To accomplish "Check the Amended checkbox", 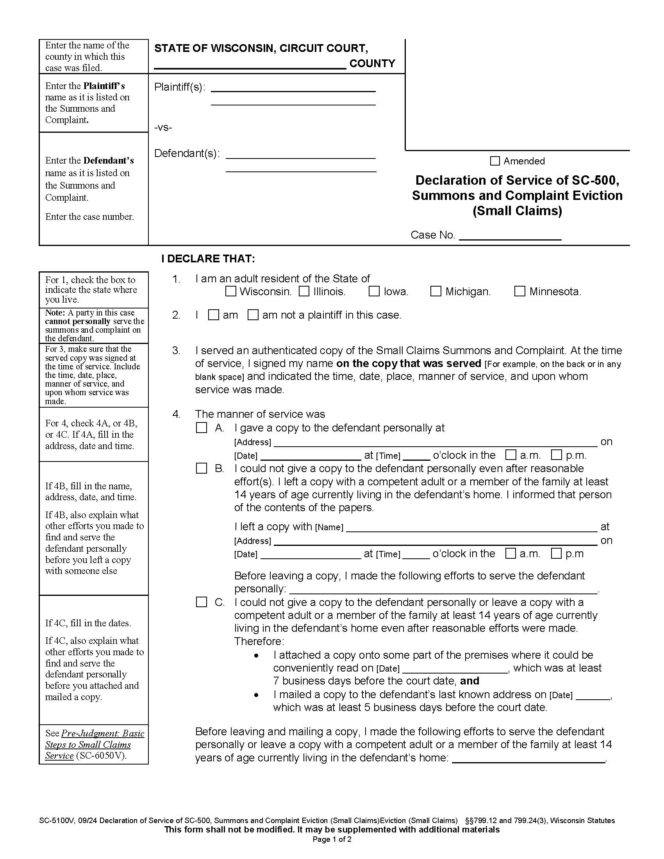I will (x=495, y=161).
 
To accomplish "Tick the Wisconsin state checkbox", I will (x=231, y=291).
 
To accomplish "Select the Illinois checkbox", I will (x=304, y=291).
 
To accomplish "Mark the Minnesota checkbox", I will (x=519, y=291).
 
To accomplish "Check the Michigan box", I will (x=436, y=291).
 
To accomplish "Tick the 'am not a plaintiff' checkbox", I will (x=253, y=315).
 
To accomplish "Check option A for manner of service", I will (x=202, y=428).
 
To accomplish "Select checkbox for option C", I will (x=202, y=602).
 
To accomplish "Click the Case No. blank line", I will (x=510, y=236).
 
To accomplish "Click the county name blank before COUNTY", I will (x=250, y=65).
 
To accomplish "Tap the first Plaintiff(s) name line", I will (x=293, y=88).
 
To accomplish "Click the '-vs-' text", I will (x=163, y=128).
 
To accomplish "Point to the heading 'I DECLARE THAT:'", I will (x=208, y=259).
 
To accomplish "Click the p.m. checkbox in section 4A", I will (x=556, y=455).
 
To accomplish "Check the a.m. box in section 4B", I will (x=510, y=553).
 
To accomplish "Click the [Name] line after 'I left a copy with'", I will (x=471, y=528).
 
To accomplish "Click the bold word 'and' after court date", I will (x=469, y=681).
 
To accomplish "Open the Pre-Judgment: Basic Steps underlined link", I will (x=95, y=744).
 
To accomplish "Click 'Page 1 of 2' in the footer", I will (x=332, y=839).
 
